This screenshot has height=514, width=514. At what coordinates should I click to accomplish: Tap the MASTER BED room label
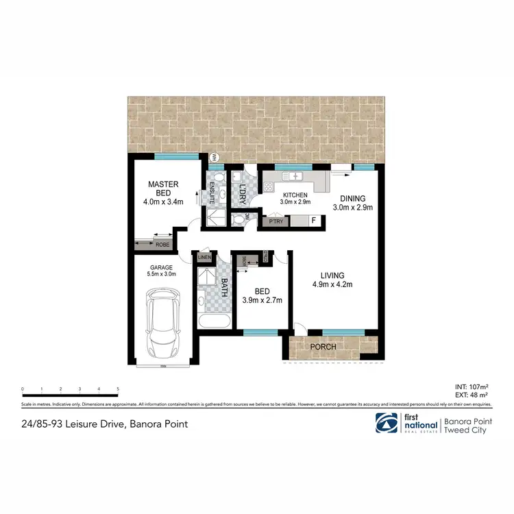tap(164, 188)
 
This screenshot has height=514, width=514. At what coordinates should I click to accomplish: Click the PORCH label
tap(323, 347)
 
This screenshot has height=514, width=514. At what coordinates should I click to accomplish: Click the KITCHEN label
tap(295, 195)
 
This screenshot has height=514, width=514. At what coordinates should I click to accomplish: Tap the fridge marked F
tap(313, 221)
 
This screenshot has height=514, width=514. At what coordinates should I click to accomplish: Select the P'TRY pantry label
tap(276, 221)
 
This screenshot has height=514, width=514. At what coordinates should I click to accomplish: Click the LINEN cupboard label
tap(204, 258)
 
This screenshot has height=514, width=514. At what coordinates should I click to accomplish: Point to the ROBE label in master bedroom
tap(162, 244)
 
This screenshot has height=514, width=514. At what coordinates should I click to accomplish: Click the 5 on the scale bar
tap(118, 389)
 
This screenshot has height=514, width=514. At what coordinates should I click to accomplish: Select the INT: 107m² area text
tap(472, 387)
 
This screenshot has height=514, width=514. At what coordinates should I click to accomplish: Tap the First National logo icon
tap(384, 423)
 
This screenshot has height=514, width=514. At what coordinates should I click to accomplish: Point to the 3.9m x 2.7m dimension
tap(261, 299)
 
